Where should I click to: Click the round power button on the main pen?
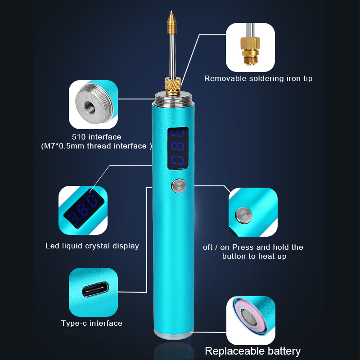point(177,186)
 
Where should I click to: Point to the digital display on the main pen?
point(178,149)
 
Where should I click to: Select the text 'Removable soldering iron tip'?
point(258,78)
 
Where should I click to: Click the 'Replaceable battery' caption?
point(253,351)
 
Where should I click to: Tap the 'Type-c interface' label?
point(92,323)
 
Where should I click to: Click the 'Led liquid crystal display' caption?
point(92,246)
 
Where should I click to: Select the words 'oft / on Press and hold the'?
point(253,247)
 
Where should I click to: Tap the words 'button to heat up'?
point(254,256)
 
